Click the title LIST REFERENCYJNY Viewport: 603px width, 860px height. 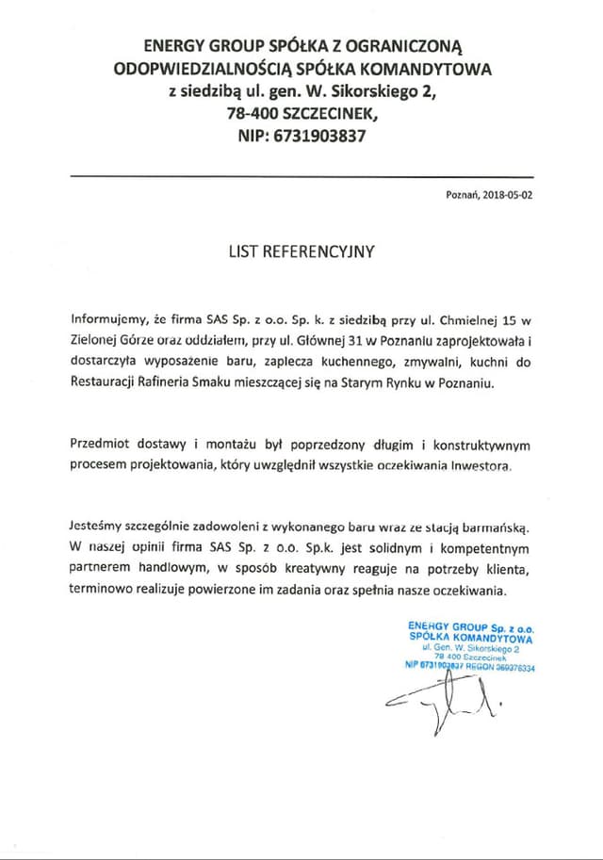(301, 252)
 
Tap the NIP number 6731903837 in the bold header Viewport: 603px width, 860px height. (320, 135)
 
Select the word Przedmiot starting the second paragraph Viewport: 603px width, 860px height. (102, 444)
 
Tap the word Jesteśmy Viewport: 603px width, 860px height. (99, 527)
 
